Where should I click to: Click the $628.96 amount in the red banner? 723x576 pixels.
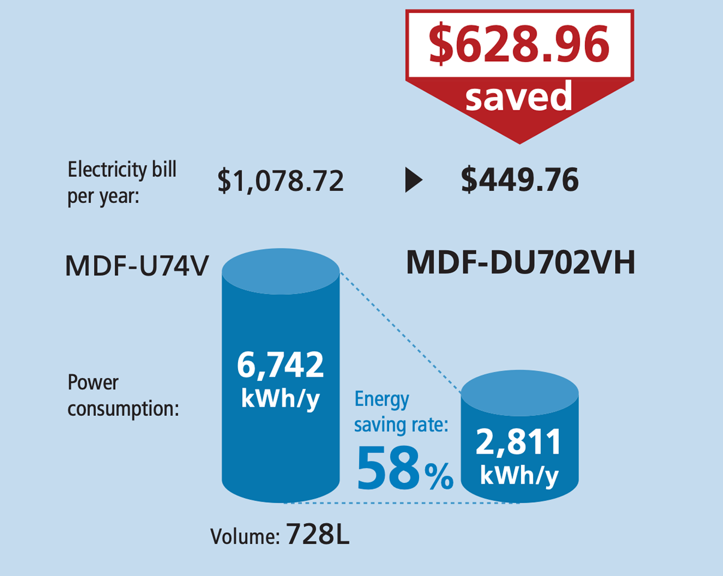pyautogui.click(x=519, y=45)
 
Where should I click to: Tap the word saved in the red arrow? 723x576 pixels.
pyautogui.click(x=519, y=97)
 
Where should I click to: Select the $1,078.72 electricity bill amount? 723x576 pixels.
pyautogui.click(x=281, y=180)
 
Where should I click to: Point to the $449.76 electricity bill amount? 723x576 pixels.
pyautogui.click(x=520, y=180)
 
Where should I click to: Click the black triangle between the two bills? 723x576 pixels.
pyautogui.click(x=413, y=181)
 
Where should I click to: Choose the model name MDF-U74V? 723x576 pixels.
pyautogui.click(x=137, y=266)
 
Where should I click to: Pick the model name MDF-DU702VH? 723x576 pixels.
pyautogui.click(x=520, y=263)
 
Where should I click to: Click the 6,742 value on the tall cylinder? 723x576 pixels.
pyautogui.click(x=281, y=364)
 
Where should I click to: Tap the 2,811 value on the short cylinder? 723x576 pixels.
pyautogui.click(x=519, y=443)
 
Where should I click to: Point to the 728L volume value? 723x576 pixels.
pyautogui.click(x=318, y=533)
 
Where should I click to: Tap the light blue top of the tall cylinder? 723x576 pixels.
pyautogui.click(x=281, y=272)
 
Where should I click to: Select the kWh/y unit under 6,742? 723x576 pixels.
pyautogui.click(x=281, y=398)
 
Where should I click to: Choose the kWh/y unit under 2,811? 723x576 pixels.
pyautogui.click(x=519, y=475)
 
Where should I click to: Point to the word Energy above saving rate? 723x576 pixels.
pyautogui.click(x=381, y=399)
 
